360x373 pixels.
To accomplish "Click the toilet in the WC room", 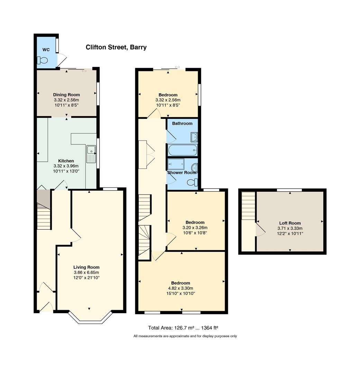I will [43, 60].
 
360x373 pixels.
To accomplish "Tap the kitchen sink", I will [91, 153].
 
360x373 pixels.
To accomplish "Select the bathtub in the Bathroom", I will [182, 150].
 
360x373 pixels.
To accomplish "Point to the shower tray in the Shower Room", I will [178, 164].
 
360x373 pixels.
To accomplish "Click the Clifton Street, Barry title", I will [116, 47].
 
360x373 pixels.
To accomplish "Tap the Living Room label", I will [86, 267].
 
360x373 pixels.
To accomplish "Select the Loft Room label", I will [290, 223].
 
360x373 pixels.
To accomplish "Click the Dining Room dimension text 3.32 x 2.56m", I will [66, 100].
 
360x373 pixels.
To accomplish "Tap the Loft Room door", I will [260, 230].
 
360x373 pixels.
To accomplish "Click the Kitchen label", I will [66, 161].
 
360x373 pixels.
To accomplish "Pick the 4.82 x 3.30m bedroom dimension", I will [180, 288].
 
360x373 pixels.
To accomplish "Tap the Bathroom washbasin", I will [194, 137].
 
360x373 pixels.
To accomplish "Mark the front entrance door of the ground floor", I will [47, 307].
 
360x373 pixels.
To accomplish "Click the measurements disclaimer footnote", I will [185, 336].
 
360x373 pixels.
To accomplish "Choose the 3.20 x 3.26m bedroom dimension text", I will [195, 228].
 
